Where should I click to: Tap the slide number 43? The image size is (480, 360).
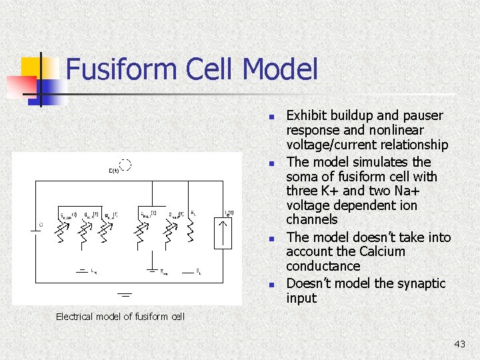pos(459,344)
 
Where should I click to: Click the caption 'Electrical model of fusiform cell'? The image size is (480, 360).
pos(120,316)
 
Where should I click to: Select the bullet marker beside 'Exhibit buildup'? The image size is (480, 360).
pos(271,117)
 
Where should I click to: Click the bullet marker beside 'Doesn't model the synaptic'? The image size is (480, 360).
pos(271,285)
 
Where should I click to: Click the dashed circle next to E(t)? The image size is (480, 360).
pos(124,165)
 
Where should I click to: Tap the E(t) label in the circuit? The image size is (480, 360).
pos(114,171)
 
